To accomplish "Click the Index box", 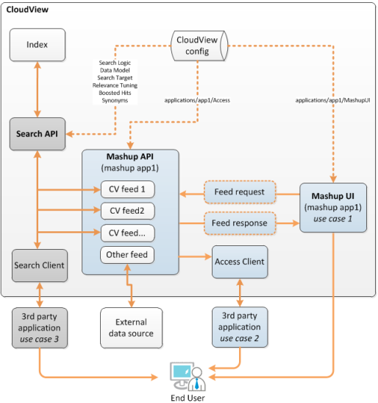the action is (x=38, y=45).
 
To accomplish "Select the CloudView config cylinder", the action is (x=199, y=46).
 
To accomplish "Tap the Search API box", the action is (x=38, y=134).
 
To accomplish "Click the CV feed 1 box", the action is (x=127, y=189).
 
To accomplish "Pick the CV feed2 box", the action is (x=127, y=211).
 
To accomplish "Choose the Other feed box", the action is (x=127, y=255).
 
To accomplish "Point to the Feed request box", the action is (x=240, y=192).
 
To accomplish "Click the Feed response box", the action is (x=240, y=223).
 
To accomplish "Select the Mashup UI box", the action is (x=333, y=208).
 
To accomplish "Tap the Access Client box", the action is (x=240, y=262).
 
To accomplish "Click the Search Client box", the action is (x=40, y=265).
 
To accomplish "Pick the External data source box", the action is (x=132, y=328).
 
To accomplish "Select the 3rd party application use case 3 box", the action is (x=40, y=328).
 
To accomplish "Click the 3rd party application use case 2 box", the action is (x=240, y=327).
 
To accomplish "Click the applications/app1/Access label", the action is (x=197, y=100).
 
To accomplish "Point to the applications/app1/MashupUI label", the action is (x=333, y=100).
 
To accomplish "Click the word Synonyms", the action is (x=115, y=100).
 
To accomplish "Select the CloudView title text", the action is (x=27, y=10).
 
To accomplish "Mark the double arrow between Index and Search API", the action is (x=38, y=89).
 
